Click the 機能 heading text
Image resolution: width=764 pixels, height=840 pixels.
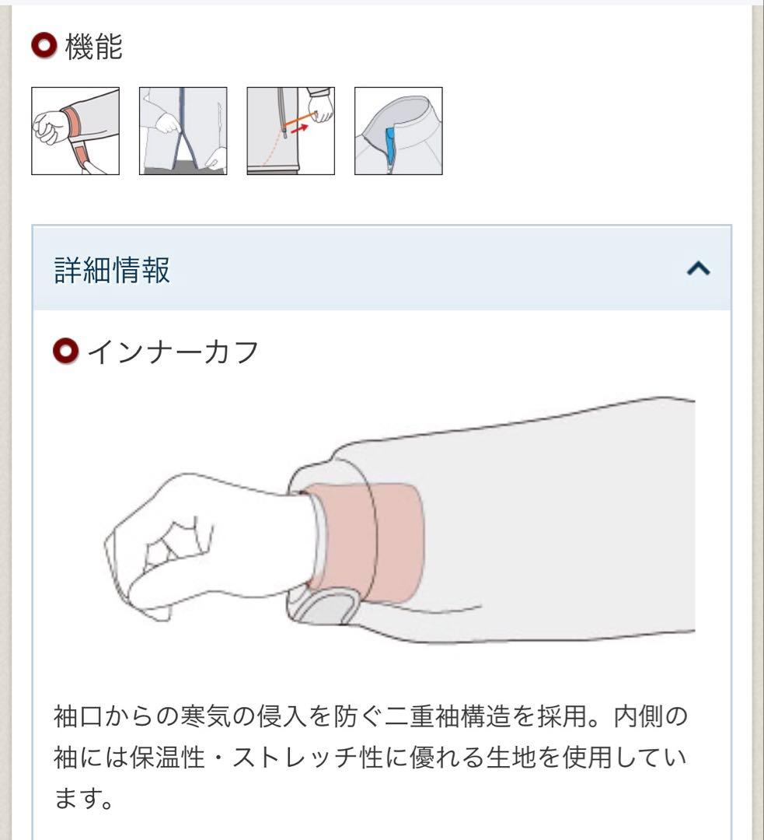tap(94, 47)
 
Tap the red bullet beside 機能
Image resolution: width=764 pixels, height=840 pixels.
tap(44, 47)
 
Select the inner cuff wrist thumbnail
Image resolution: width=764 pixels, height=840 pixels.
tap(75, 131)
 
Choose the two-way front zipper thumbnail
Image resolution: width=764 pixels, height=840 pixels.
tap(183, 131)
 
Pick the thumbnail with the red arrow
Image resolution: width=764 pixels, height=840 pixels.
tap(291, 131)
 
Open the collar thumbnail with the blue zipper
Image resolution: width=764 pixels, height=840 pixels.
tap(398, 131)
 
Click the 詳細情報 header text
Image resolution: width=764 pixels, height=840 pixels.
tap(112, 270)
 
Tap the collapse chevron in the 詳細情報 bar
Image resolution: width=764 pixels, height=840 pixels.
tap(698, 269)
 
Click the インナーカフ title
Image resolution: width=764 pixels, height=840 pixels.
tap(173, 352)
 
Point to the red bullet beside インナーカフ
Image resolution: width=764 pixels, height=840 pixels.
tap(66, 352)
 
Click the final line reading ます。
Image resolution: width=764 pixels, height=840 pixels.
tap(84, 798)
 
